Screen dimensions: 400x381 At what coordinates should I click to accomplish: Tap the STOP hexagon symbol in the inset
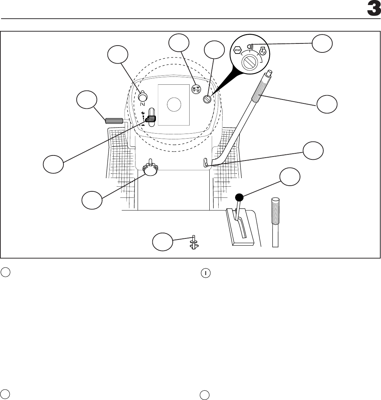pyautogui.click(x=237, y=50)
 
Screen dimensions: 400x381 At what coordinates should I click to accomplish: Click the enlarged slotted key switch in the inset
pyautogui.click(x=248, y=63)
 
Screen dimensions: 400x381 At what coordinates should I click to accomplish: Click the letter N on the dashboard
pyautogui.click(x=142, y=104)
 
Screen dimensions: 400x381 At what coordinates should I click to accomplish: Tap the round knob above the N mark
pyautogui.click(x=143, y=96)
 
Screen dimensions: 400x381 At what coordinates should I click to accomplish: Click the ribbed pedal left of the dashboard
pyautogui.click(x=114, y=121)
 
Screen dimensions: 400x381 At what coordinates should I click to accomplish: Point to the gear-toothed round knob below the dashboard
pyautogui.click(x=150, y=169)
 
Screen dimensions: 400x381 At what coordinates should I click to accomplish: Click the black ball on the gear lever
pyautogui.click(x=239, y=197)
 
